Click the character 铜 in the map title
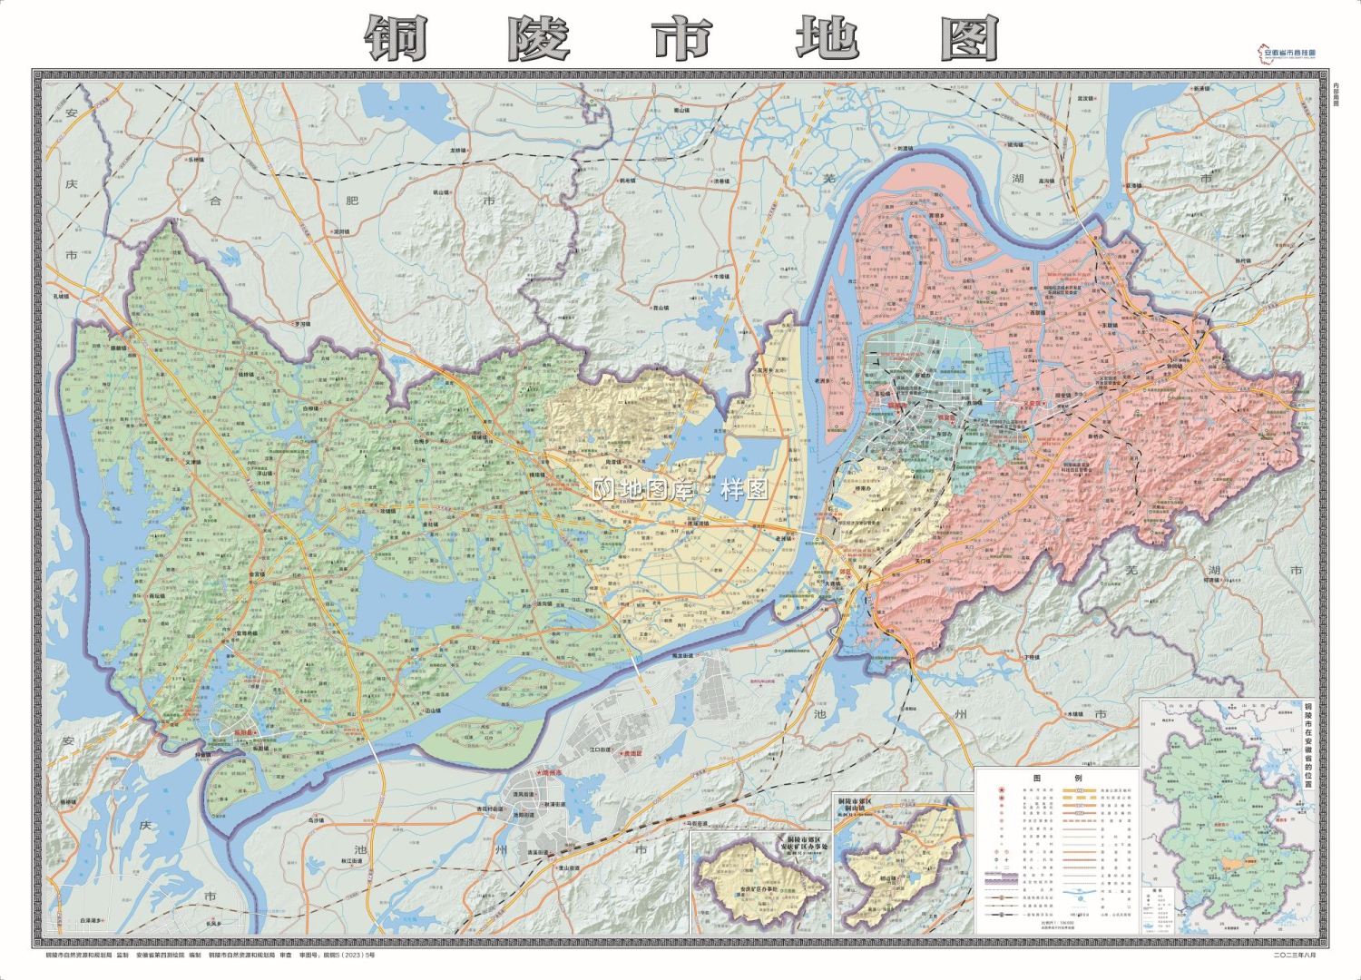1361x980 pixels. click(x=397, y=39)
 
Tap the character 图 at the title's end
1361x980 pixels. click(x=969, y=39)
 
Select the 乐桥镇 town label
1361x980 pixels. click(x=195, y=160)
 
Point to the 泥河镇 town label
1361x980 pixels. click(x=342, y=232)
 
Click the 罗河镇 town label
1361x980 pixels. click(x=301, y=324)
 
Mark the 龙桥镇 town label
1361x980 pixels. click(x=458, y=151)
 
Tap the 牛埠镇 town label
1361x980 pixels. click(x=721, y=277)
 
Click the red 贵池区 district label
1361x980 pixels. click(x=632, y=753)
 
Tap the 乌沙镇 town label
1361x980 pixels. click(x=316, y=820)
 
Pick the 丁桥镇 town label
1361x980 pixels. click(x=1031, y=657)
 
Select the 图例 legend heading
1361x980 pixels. click(x=1057, y=778)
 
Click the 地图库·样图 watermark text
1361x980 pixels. click(x=680, y=490)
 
